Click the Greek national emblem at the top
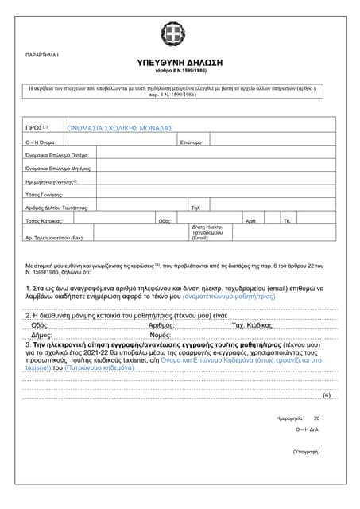click(x=172, y=34)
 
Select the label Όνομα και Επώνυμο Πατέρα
click(x=56, y=155)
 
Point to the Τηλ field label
click(x=195, y=207)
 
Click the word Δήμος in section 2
click(x=41, y=336)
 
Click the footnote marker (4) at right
click(x=326, y=395)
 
